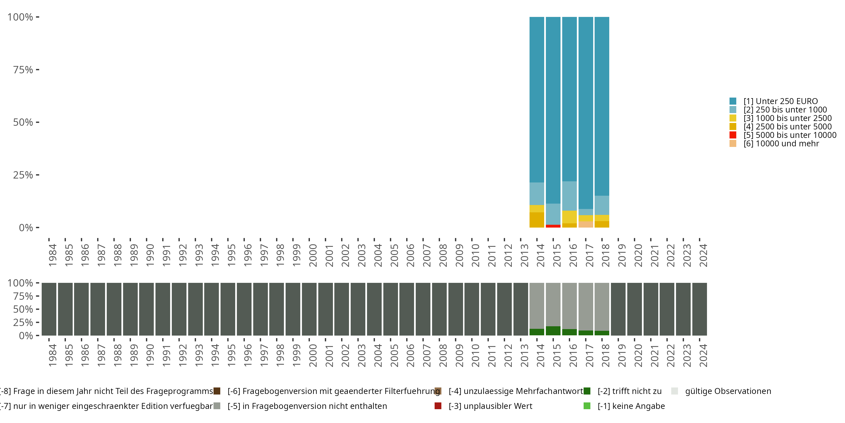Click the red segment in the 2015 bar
click(x=553, y=226)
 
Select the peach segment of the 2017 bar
click(x=586, y=224)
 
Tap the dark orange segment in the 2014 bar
click(x=537, y=220)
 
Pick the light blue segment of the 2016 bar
click(x=570, y=196)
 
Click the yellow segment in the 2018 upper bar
click(x=602, y=218)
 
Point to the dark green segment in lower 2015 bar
click(x=553, y=331)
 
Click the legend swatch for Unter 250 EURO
click(x=733, y=101)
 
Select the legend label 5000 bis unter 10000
click(x=790, y=135)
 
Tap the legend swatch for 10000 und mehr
click(x=733, y=144)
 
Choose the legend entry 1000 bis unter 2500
click(x=788, y=118)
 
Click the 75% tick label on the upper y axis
click(x=23, y=70)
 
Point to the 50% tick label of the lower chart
click(x=23, y=309)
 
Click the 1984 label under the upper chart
click(x=52, y=255)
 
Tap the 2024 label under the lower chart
click(x=703, y=355)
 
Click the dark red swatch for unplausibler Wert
click(x=438, y=406)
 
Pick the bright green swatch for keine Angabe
click(x=587, y=406)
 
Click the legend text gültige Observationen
click(x=728, y=391)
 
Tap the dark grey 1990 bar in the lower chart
click(x=146, y=309)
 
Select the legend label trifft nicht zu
click(x=630, y=391)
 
